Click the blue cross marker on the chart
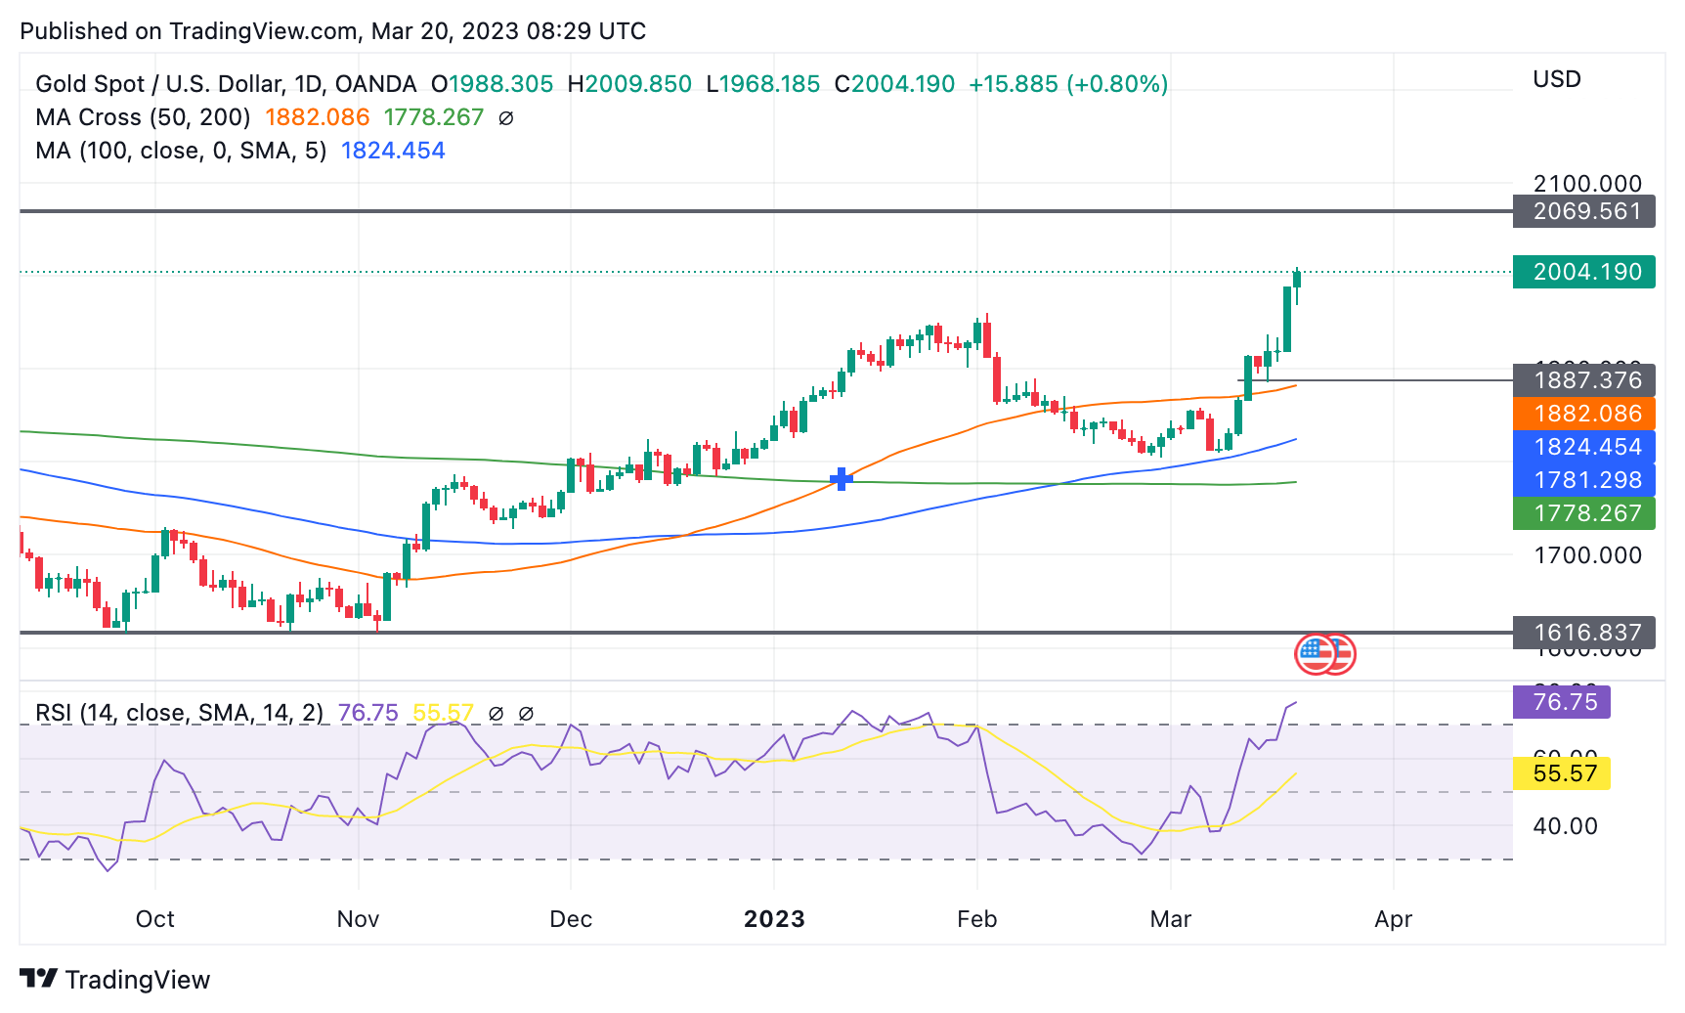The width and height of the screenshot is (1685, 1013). (842, 479)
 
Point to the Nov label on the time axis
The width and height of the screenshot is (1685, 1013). (358, 919)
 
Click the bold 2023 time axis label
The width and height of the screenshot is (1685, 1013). (774, 919)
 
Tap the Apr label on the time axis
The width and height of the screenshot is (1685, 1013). (1393, 919)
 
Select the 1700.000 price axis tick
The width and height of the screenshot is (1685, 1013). (1587, 555)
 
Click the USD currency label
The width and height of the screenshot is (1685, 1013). (1557, 79)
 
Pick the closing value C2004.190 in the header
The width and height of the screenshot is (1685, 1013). (894, 84)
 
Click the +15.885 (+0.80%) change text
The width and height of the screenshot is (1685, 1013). (1068, 84)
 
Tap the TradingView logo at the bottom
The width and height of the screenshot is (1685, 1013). (115, 980)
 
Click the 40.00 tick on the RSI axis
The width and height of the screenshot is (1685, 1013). (1565, 826)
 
